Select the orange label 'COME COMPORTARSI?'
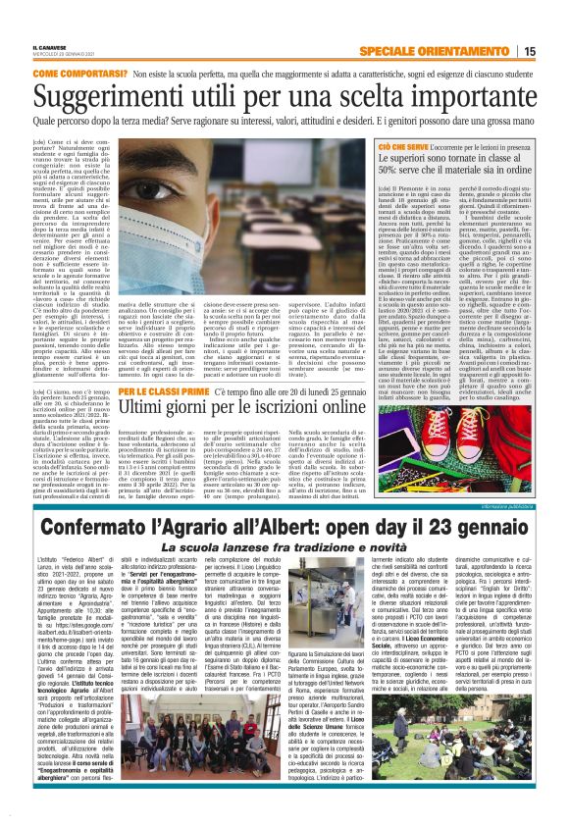75,75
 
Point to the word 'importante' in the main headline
463,96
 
